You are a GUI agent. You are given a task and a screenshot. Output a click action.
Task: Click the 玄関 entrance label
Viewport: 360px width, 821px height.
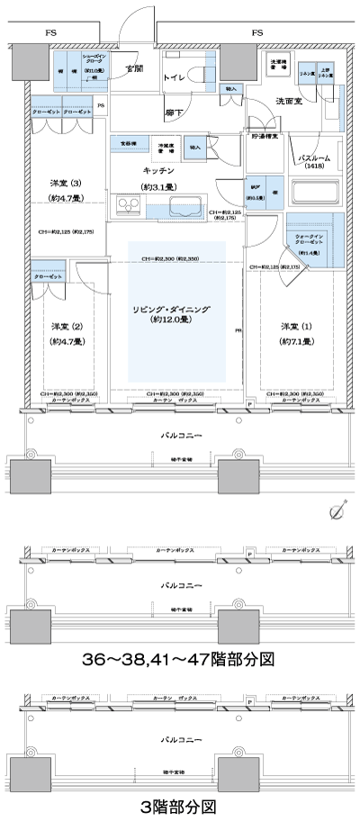134,68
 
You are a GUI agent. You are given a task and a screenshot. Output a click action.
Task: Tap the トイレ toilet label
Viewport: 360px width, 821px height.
174,78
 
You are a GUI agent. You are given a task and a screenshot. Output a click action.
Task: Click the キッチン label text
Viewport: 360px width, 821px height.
157,170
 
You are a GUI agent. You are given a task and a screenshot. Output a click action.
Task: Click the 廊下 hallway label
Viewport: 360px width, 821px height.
175,113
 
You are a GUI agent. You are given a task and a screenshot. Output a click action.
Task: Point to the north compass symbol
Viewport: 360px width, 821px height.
337,512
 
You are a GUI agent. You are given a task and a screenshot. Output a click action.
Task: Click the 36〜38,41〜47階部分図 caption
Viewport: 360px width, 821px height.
179,659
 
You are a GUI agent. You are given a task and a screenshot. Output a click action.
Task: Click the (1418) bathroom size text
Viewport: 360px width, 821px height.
316,167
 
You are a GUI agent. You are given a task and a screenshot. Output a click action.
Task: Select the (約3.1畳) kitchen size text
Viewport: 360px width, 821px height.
157,186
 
